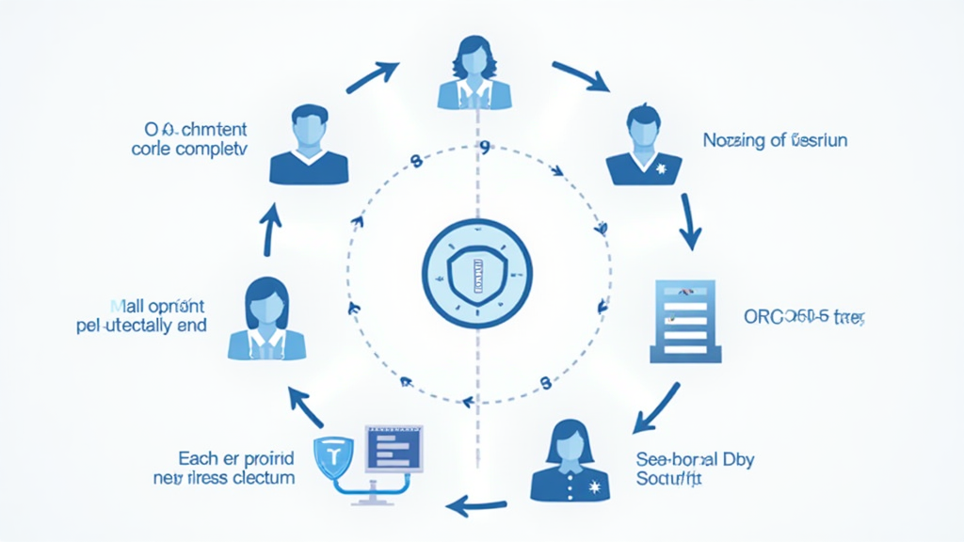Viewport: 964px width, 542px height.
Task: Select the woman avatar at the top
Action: click(x=474, y=72)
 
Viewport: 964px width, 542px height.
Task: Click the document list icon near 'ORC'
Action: click(x=686, y=321)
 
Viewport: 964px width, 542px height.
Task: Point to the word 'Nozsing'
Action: click(x=734, y=140)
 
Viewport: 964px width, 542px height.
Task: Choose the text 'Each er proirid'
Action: click(x=236, y=458)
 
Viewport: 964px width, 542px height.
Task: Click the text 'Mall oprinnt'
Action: click(x=158, y=306)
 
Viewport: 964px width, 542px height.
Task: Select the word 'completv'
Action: click(x=208, y=149)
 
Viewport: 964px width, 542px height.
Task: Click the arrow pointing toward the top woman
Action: click(x=373, y=77)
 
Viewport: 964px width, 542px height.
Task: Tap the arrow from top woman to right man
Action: click(x=581, y=76)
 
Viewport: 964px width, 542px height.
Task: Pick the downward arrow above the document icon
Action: click(x=691, y=220)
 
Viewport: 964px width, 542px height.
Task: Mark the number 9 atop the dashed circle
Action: click(x=485, y=149)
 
